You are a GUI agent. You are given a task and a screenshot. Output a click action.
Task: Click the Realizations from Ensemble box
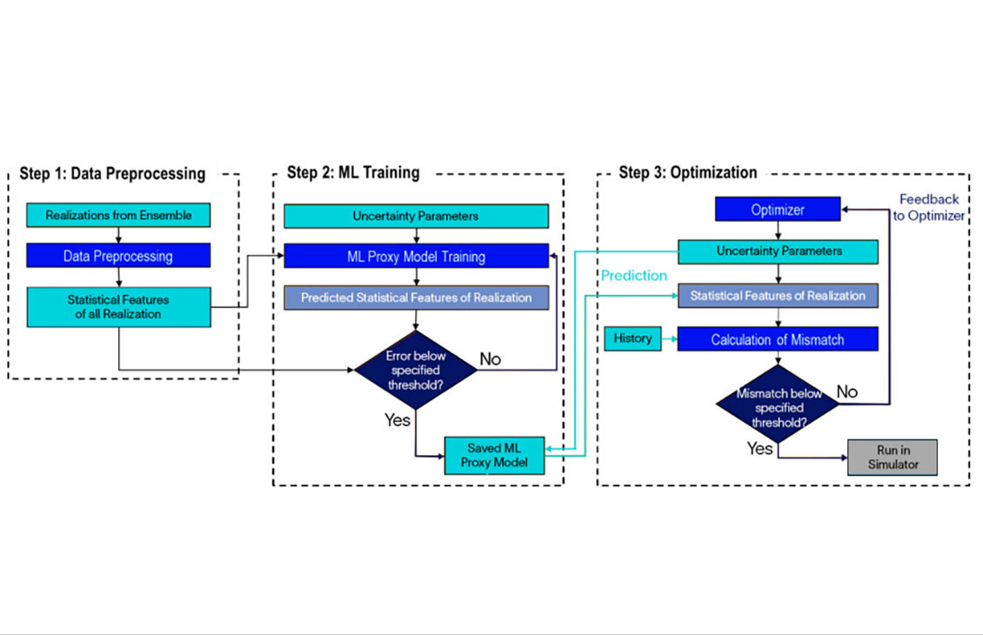(x=118, y=215)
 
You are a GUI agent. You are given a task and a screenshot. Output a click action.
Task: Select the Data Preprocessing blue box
(x=118, y=256)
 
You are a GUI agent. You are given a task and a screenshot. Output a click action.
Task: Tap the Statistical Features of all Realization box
(x=118, y=306)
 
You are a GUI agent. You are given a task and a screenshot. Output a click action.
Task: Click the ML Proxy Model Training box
(x=416, y=257)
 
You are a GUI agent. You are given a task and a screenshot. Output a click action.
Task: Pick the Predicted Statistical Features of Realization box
(x=416, y=297)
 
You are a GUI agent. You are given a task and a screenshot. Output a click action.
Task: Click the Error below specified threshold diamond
(x=416, y=369)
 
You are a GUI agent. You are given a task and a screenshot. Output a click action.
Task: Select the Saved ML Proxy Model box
(x=493, y=455)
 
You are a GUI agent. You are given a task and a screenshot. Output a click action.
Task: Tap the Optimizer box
(x=778, y=210)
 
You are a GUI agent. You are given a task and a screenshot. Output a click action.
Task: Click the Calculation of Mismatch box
(x=778, y=339)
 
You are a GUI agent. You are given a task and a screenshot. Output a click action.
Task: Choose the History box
(x=632, y=338)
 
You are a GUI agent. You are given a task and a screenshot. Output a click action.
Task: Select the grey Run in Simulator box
(x=893, y=457)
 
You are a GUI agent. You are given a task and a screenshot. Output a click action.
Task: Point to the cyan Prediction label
(x=634, y=276)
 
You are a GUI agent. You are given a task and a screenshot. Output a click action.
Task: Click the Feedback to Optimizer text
(x=929, y=207)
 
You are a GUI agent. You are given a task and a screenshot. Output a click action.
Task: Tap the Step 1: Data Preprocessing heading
(x=112, y=173)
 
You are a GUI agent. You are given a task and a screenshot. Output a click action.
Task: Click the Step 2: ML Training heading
(x=353, y=172)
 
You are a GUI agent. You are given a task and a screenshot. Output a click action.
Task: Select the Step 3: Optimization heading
(x=687, y=172)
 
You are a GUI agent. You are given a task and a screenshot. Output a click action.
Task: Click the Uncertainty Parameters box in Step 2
(x=416, y=216)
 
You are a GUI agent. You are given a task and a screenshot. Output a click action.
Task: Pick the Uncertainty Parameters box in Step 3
(x=778, y=251)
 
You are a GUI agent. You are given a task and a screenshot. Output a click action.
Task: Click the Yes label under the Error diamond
(x=398, y=420)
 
